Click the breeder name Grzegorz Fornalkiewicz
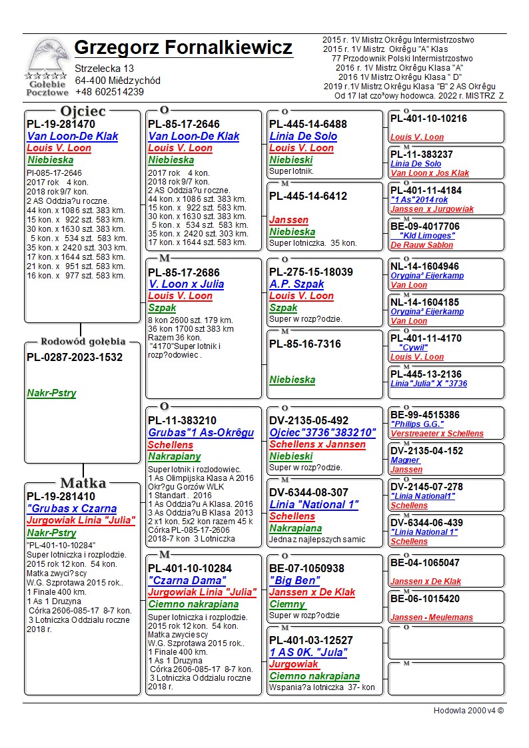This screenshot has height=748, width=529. (183, 48)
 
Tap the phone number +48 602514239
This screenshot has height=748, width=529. (109, 92)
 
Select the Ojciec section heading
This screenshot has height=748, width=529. (83, 111)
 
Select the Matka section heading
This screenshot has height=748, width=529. (83, 484)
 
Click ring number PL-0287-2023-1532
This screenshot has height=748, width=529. (75, 358)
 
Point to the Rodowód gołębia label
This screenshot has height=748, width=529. (83, 342)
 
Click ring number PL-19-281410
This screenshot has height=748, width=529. (61, 496)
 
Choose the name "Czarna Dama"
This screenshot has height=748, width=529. (187, 580)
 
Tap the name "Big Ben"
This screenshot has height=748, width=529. (294, 580)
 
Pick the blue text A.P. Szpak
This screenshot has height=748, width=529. (296, 284)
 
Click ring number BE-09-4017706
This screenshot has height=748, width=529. (425, 226)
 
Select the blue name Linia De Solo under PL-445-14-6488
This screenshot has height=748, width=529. (303, 136)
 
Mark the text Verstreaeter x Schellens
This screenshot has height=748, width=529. (437, 434)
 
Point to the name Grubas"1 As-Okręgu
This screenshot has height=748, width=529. (201, 432)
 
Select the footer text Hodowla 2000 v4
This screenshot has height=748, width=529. (468, 711)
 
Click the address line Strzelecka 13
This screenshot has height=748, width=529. (104, 69)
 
